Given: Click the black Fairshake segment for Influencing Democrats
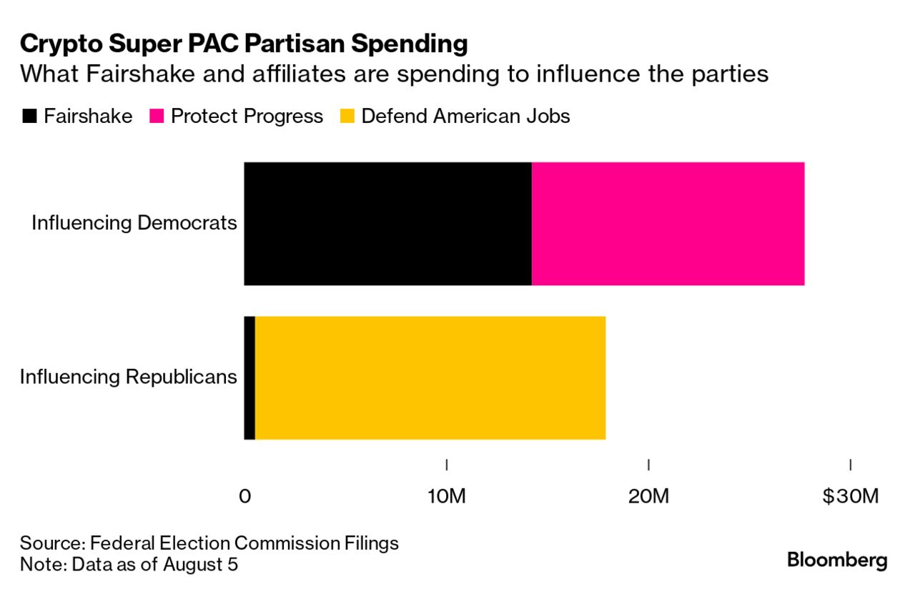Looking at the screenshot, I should [x=387, y=224].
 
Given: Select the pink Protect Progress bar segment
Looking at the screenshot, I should [x=668, y=224].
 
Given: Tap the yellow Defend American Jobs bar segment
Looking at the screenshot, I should [x=430, y=378].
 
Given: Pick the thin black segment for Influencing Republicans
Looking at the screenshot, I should [x=249, y=378].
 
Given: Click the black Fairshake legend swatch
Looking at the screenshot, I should [x=29, y=117].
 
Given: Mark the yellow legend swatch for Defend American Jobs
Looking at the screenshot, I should [x=347, y=117].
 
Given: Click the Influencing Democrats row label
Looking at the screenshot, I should [x=134, y=223].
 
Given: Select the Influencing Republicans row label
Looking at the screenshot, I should [x=128, y=377].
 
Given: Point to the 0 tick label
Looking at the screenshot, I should [x=244, y=496].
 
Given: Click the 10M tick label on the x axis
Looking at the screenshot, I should [x=447, y=496].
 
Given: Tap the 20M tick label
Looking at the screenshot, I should [x=648, y=496].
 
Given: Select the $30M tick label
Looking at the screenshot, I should [x=849, y=496].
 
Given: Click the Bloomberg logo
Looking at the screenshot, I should [x=837, y=561].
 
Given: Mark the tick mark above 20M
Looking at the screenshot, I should [x=648, y=465].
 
